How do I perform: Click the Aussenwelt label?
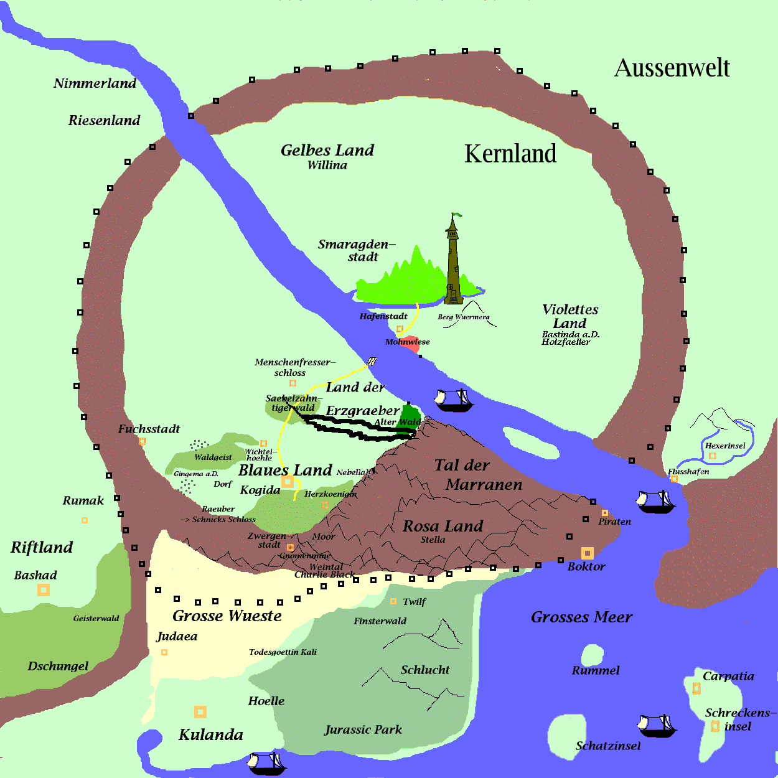tap(672, 68)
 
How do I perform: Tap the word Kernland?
tap(510, 154)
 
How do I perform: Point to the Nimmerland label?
tap(95, 83)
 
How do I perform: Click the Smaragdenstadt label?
tap(357, 250)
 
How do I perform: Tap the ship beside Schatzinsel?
tap(656, 725)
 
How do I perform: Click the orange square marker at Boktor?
tap(587, 553)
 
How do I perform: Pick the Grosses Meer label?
tap(581, 617)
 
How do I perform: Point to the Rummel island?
tap(592, 655)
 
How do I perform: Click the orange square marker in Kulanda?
tap(200, 711)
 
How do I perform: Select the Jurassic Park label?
tap(363, 729)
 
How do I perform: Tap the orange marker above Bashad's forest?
tap(43, 589)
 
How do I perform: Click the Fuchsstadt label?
tap(149, 429)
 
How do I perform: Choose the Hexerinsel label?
tap(725, 446)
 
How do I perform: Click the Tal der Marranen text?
tap(476, 474)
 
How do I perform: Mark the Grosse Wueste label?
tap(227, 616)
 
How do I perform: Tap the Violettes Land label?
tap(570, 316)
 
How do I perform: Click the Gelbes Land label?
tap(327, 151)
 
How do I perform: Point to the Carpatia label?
tap(728, 677)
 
